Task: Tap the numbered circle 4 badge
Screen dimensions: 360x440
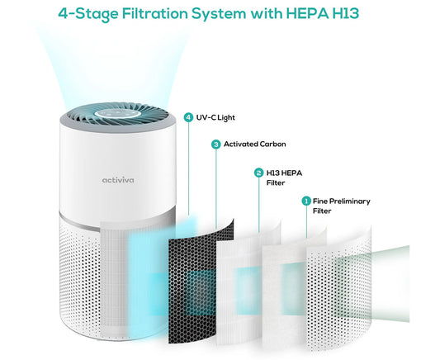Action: click(x=189, y=116)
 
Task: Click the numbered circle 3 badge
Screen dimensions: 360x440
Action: click(x=215, y=144)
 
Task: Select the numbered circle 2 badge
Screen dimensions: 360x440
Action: click(x=258, y=173)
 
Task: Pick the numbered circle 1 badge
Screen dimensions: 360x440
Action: click(x=306, y=201)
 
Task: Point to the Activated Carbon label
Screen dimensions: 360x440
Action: click(x=255, y=144)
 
